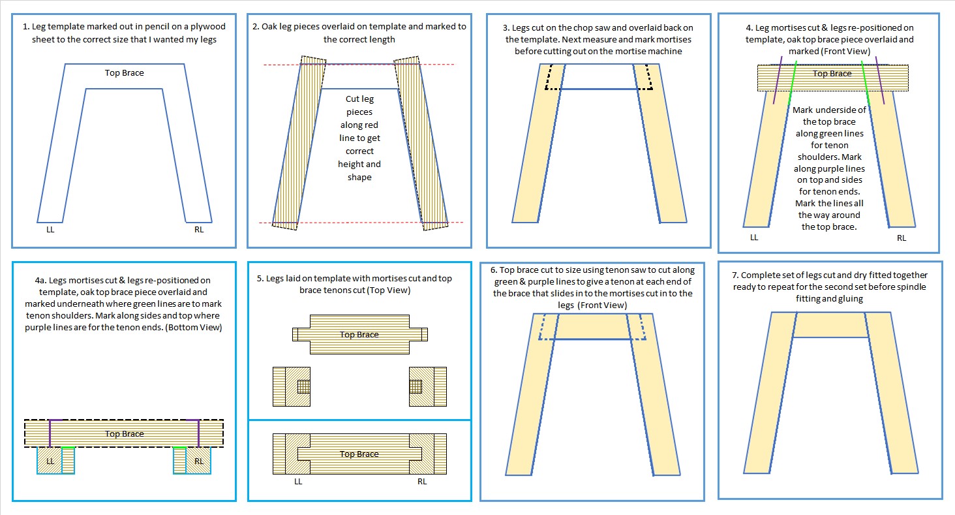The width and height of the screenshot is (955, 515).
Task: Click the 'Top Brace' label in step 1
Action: pos(124,72)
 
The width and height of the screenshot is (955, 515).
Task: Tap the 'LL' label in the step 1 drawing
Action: pos(50,229)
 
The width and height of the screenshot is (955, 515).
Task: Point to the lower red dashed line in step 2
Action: pos(359,223)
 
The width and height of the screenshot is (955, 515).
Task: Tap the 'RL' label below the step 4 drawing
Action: pos(901,238)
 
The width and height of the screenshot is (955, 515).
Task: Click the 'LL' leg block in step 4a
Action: pos(50,461)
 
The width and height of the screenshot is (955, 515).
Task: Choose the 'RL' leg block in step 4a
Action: pos(198,461)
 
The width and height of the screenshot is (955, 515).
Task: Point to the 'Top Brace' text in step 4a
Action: pos(124,433)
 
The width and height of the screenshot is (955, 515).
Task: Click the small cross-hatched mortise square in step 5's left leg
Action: pos(303,386)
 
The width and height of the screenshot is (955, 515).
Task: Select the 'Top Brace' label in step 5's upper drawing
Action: pos(359,334)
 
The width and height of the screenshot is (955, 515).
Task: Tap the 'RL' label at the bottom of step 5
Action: pos(421,482)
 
